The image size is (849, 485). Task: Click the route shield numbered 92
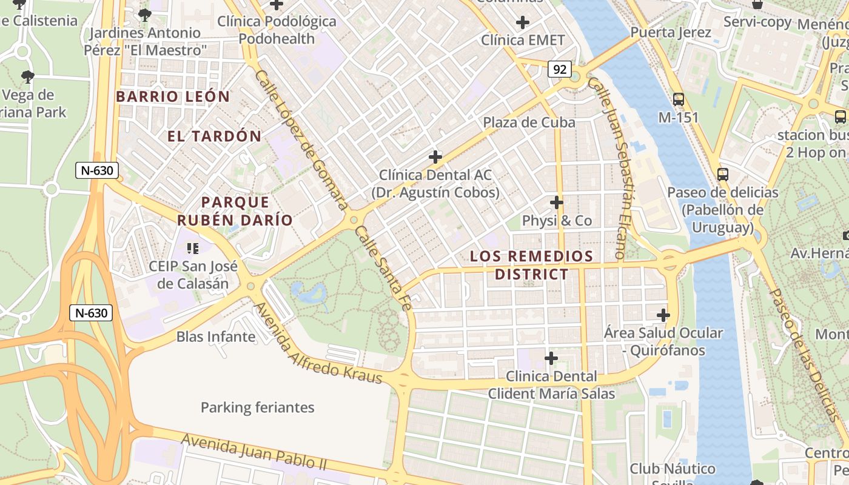pos(560,69)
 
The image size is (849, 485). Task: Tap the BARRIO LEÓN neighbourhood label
pos(173,96)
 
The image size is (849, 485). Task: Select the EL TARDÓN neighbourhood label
pos(214,136)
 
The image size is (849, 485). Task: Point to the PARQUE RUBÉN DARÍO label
pos(235,211)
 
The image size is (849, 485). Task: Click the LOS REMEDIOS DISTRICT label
pos(531,265)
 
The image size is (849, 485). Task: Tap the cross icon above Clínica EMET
pos(522,23)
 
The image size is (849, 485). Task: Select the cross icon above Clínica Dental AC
pos(435,157)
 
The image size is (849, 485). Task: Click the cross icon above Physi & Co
pos(557,202)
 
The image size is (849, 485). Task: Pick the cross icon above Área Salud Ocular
pos(663,315)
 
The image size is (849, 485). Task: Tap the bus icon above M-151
pos(678,99)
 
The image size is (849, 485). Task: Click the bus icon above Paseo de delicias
pos(722,175)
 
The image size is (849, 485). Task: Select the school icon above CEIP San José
pos(193,248)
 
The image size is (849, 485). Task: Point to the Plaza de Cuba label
pos(529,122)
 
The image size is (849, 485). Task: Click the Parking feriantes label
pos(257,407)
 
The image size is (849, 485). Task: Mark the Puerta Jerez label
pos(671,32)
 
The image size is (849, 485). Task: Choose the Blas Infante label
pos(215,336)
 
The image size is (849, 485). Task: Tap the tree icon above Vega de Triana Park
pos(27,77)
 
